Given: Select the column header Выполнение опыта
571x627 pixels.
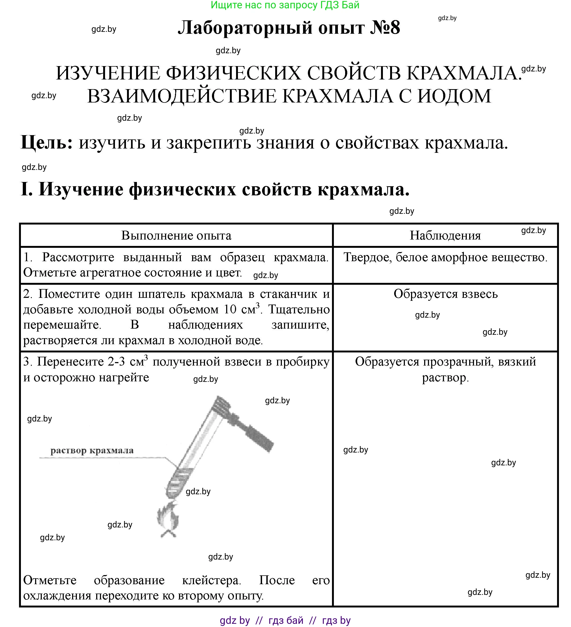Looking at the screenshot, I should tap(176, 236).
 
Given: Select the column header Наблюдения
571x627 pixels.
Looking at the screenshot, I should tap(445, 236).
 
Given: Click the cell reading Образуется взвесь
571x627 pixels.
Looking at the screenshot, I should tap(446, 294).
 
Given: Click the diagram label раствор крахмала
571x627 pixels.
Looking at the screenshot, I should tap(92, 450).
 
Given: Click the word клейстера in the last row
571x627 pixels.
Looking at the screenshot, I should tap(211, 580).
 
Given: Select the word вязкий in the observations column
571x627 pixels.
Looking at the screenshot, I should tap(517, 362).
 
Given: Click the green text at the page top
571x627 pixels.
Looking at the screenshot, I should tap(285, 5).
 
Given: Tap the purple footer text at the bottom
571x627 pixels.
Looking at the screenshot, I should tap(285, 621).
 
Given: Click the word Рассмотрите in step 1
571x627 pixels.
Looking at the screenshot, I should tap(78, 257).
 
